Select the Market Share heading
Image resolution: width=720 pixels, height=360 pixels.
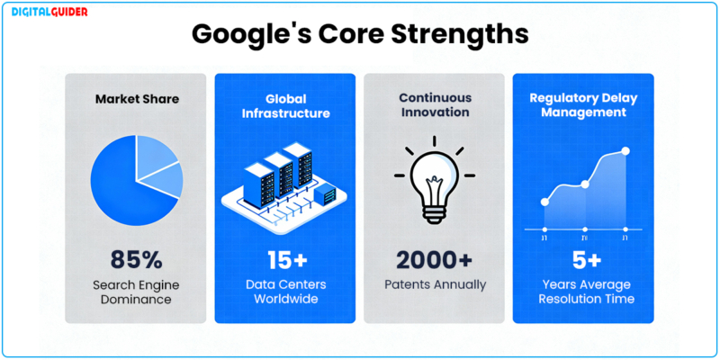click(x=136, y=98)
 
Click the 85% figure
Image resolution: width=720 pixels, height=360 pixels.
click(x=136, y=260)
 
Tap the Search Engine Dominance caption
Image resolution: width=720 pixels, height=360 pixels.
click(x=136, y=292)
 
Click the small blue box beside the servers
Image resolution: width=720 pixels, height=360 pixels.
click(x=329, y=193)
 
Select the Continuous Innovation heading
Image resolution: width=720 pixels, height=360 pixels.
click(x=434, y=105)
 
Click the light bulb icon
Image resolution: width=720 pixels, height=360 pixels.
click(x=434, y=180)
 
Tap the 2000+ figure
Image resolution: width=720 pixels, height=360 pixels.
click(x=434, y=260)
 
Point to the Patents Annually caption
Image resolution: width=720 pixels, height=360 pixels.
click(x=434, y=284)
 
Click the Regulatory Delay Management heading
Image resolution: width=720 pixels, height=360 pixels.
click(x=583, y=105)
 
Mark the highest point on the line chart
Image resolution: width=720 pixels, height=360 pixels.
click(x=626, y=151)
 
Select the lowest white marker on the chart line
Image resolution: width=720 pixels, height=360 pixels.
click(x=544, y=202)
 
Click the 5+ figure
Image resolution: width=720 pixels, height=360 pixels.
click(x=583, y=260)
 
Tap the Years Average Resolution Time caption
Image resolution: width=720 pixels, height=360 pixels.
click(x=583, y=292)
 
